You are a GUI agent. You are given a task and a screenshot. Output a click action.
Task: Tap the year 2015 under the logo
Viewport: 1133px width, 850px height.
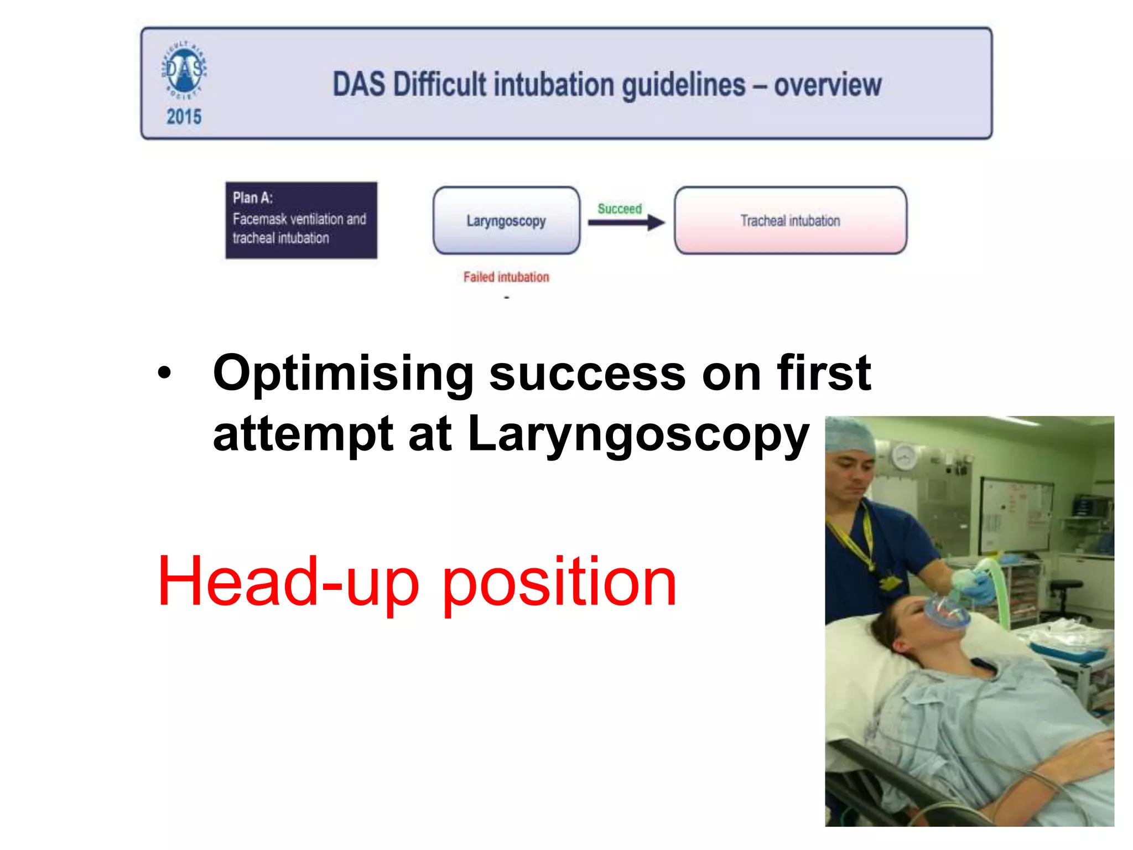click(x=184, y=117)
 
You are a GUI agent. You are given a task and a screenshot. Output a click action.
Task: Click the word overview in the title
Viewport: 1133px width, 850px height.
click(x=828, y=85)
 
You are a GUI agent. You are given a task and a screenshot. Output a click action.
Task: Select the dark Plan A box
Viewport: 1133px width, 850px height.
click(x=301, y=220)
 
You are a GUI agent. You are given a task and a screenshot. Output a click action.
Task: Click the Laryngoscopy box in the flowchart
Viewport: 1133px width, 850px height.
click(x=506, y=221)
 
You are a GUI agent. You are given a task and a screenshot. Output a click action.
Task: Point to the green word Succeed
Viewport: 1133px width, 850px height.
click(x=620, y=209)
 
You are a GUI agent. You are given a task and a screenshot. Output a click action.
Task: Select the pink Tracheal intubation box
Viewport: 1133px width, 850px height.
click(x=790, y=221)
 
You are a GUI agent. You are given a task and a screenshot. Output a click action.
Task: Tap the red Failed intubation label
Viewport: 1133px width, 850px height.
click(x=506, y=277)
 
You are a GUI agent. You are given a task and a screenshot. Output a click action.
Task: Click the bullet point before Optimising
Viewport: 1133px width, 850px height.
click(x=164, y=373)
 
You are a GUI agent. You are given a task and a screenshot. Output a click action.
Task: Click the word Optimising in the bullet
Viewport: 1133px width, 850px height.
click(x=343, y=374)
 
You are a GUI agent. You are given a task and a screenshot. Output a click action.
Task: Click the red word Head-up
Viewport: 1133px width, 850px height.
click(x=288, y=582)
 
